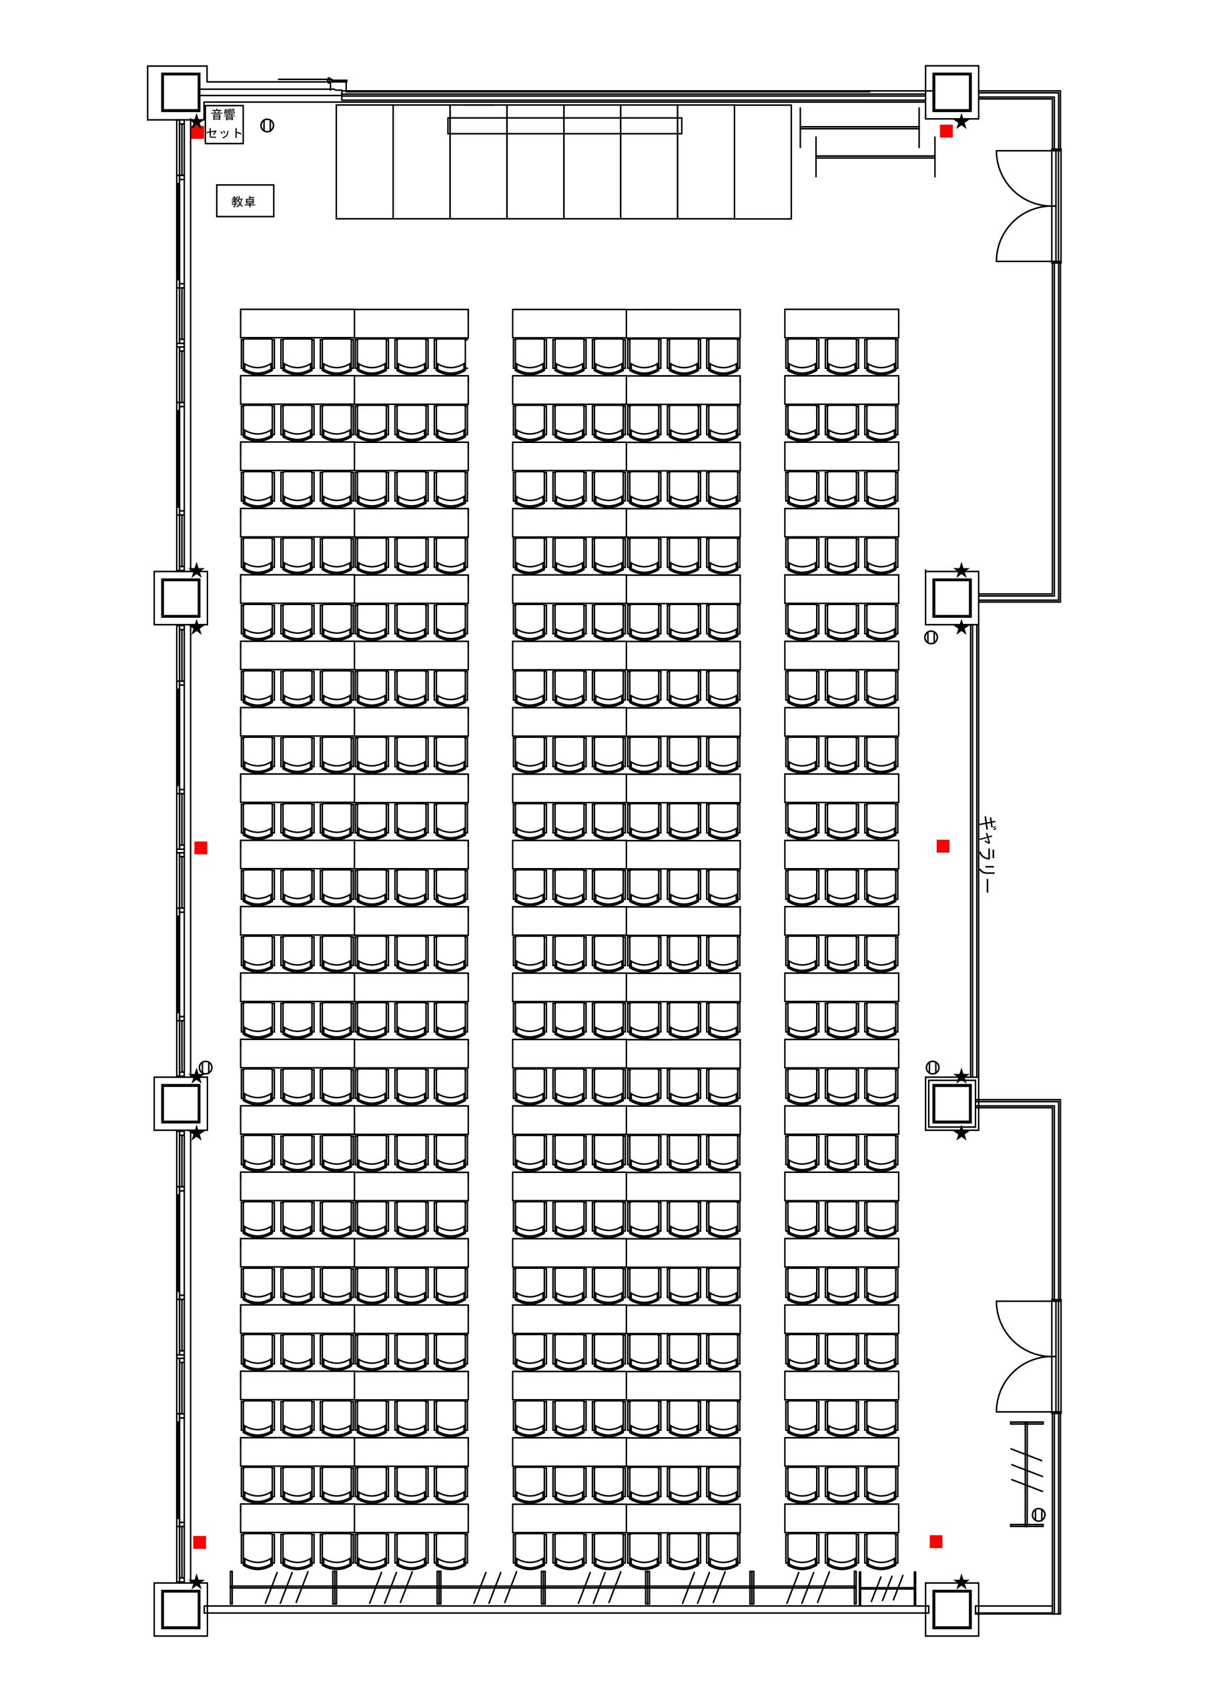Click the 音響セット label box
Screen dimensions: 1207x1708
(224, 124)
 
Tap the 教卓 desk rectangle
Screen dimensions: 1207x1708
(245, 201)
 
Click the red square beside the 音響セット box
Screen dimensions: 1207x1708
(197, 132)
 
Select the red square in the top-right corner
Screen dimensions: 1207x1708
(946, 131)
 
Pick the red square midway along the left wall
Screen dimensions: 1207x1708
(200, 847)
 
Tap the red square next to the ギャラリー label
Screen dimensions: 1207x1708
(943, 846)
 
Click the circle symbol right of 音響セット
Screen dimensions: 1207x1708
(267, 125)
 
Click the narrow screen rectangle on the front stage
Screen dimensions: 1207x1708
(565, 125)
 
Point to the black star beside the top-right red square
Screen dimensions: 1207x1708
(961, 121)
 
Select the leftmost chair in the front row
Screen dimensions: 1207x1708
(258, 356)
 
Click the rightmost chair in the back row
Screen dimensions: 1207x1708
(881, 1551)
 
